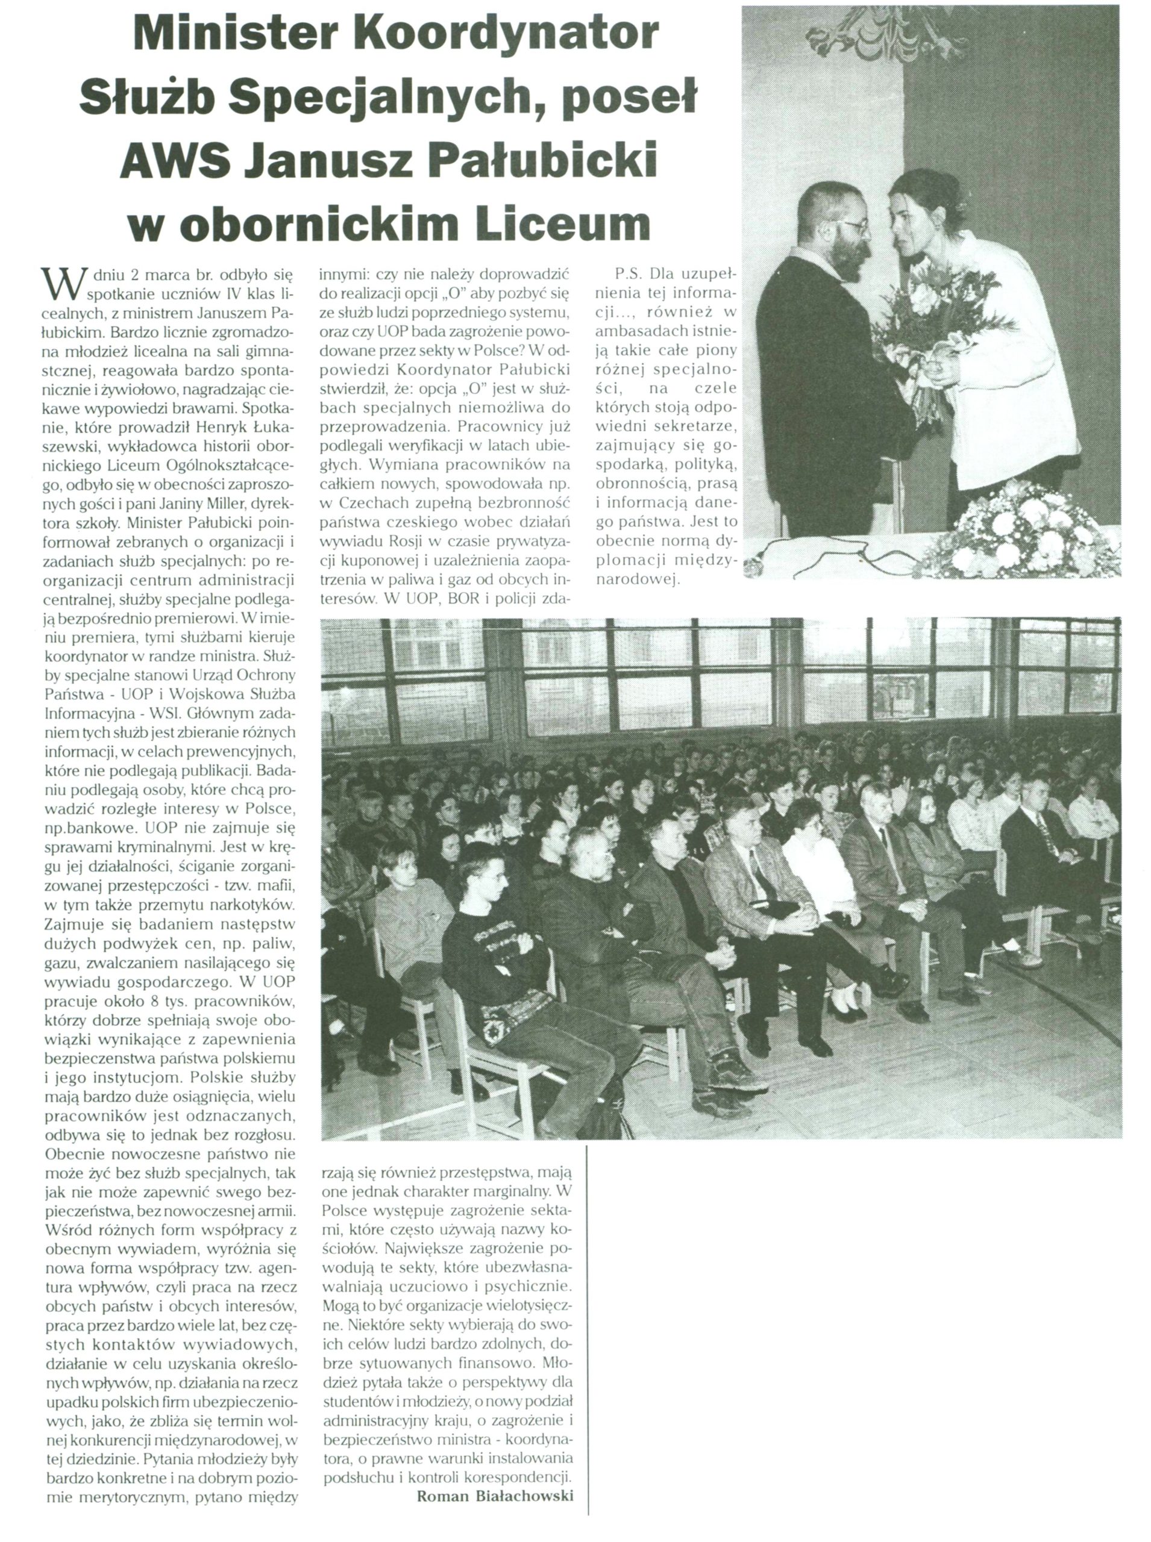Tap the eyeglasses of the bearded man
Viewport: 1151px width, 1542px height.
click(x=855, y=226)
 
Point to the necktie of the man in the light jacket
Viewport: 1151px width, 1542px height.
click(x=762, y=878)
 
